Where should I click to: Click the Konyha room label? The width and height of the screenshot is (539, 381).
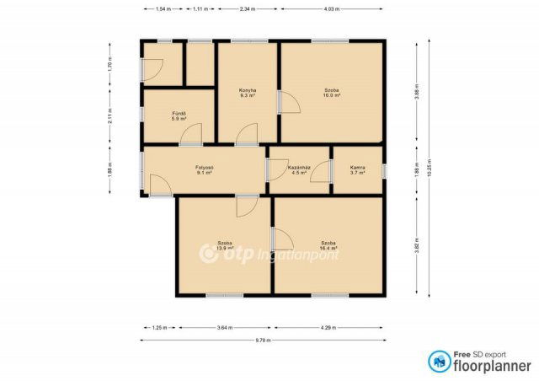point(248,90)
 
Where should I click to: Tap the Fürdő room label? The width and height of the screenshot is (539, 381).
point(179,113)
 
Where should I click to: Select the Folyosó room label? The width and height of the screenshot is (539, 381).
point(204,168)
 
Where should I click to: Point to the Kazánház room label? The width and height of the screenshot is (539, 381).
point(299,168)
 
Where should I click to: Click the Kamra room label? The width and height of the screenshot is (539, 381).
point(358,168)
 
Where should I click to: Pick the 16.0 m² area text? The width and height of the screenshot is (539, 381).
point(332,96)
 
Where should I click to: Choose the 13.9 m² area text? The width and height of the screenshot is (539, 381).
point(224,249)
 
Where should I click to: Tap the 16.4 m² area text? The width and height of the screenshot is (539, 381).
point(328,249)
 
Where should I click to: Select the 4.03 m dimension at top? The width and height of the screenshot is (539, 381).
point(332,8)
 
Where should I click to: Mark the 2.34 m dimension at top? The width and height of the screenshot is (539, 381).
point(248,8)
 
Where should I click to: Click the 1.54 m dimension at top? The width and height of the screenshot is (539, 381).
point(163,8)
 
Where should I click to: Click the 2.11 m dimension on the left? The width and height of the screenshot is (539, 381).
point(109,119)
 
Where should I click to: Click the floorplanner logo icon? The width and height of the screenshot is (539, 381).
point(439,361)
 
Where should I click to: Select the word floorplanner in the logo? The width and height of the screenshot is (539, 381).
point(494,366)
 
